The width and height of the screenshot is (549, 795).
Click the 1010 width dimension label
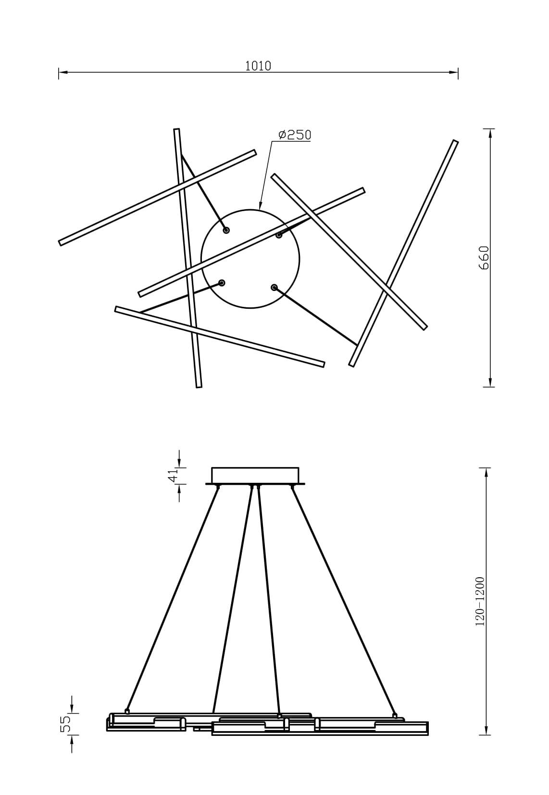(258, 66)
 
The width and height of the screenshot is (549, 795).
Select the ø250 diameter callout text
(294, 135)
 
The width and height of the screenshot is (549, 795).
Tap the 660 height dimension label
(484, 258)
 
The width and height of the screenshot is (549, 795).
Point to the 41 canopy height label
(174, 476)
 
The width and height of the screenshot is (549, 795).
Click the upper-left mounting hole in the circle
(226, 231)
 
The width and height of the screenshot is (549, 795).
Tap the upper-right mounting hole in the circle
(279, 235)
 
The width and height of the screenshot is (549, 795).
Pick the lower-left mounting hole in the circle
(222, 283)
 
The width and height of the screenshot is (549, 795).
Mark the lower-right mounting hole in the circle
(274, 287)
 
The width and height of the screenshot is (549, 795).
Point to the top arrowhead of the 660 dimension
(490, 133)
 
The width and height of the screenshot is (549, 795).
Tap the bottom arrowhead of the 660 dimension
(490, 382)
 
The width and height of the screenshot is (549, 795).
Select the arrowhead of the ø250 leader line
(261, 205)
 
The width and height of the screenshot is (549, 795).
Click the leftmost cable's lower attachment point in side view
(127, 709)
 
